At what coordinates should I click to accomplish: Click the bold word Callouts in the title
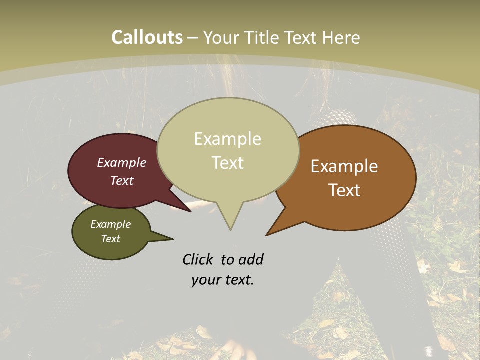click(147, 37)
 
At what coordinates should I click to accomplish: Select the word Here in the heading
click(341, 37)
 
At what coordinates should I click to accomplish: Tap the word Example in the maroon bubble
click(122, 162)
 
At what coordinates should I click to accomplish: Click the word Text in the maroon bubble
click(122, 180)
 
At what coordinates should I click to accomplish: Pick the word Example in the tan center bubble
click(227, 139)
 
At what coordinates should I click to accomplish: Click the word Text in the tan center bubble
click(227, 163)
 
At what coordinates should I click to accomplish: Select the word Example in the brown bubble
click(344, 166)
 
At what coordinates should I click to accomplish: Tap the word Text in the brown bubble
click(344, 190)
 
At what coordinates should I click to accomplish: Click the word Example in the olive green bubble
click(110, 224)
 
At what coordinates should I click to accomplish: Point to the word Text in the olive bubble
click(110, 239)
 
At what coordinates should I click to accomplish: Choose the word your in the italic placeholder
click(206, 280)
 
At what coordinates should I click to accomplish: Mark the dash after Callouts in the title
click(192, 37)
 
